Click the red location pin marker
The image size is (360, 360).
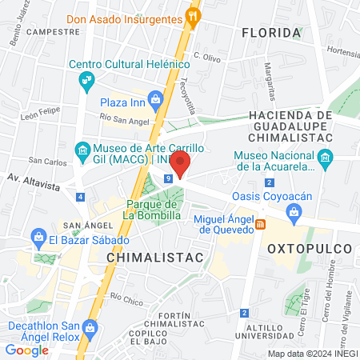click(180, 162)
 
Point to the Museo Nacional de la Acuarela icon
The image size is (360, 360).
click(326, 161)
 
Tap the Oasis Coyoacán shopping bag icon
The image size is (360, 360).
click(294, 212)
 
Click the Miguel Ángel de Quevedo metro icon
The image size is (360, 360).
click(260, 224)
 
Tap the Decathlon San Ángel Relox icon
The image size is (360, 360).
click(90, 327)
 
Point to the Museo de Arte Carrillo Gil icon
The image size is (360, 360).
click(82, 150)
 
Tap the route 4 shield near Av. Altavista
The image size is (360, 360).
click(80, 197)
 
